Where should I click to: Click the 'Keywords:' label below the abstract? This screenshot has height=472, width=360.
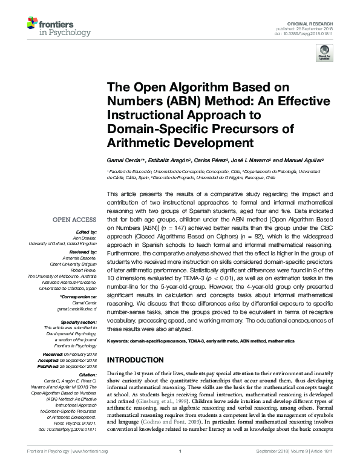[119, 341]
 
